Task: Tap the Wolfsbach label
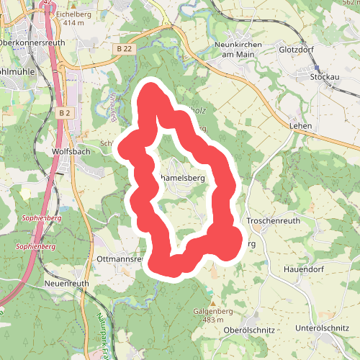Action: click(71, 152)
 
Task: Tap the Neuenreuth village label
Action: click(66, 284)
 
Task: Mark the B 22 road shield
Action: click(125, 48)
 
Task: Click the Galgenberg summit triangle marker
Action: click(213, 302)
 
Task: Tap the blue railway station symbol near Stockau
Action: click(317, 66)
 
